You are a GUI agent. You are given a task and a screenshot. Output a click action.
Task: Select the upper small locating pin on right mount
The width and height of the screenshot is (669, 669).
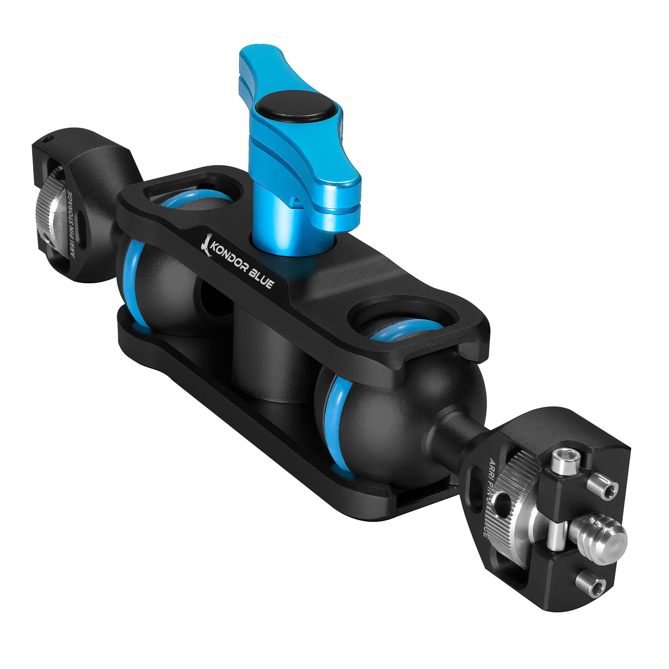point(602,486)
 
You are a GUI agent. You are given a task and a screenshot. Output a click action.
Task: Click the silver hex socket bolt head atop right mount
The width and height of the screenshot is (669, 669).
point(562,462)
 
